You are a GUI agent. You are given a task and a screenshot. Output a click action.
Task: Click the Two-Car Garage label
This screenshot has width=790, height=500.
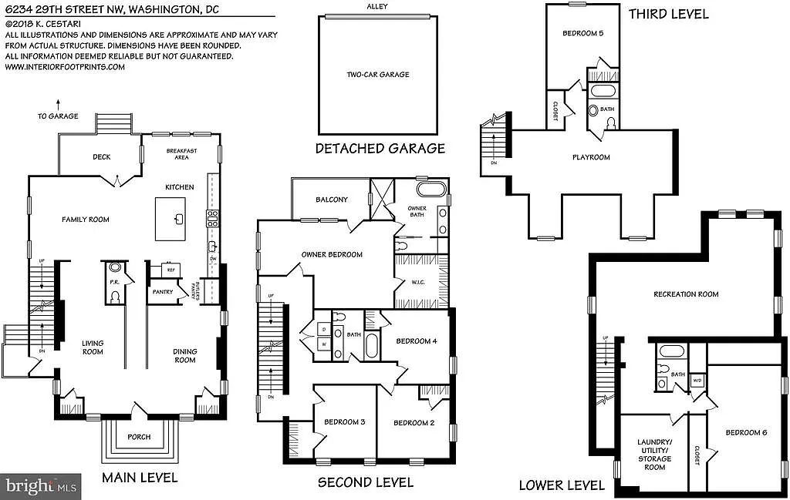tap(378, 75)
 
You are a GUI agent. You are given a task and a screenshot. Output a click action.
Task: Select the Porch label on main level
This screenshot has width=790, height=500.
tap(139, 437)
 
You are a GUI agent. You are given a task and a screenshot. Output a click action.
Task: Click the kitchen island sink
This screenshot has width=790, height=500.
tap(177, 220)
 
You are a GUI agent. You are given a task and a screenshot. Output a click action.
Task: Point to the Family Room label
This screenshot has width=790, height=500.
tap(86, 220)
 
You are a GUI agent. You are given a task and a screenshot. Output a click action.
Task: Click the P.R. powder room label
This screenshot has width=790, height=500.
tap(114, 282)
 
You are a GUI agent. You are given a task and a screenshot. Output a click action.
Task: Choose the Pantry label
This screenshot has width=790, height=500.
tap(162, 292)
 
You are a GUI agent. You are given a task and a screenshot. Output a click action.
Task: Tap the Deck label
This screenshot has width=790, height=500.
tap(102, 157)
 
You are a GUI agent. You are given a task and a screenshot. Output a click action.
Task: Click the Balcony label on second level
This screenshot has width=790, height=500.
tap(331, 200)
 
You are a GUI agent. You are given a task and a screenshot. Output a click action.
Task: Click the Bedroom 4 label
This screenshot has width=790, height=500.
tap(417, 341)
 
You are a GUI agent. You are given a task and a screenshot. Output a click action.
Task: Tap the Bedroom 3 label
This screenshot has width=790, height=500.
tap(344, 422)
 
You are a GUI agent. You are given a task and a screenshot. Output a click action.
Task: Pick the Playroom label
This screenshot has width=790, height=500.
tap(591, 157)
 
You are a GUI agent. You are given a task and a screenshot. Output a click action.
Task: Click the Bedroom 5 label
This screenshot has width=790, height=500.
tap(582, 33)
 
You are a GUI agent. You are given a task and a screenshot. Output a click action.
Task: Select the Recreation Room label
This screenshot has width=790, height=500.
tap(686, 294)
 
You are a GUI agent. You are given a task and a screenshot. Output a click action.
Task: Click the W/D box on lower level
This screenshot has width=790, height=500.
tap(697, 380)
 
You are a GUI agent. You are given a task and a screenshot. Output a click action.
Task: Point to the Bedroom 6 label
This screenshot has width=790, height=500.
tap(745, 432)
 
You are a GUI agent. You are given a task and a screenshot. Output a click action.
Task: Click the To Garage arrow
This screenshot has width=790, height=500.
tap(59, 102)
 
